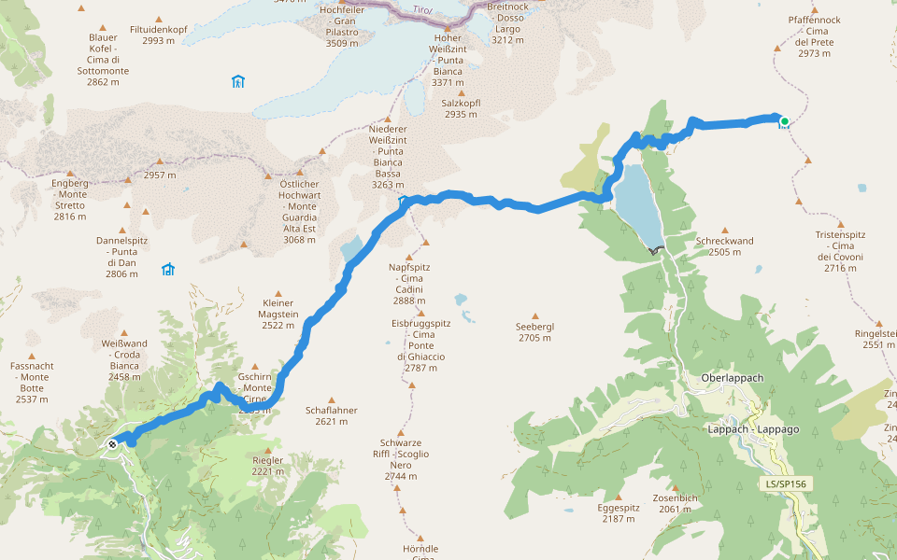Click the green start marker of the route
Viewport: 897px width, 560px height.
click(785, 121)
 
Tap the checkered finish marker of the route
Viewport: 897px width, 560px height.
click(112, 444)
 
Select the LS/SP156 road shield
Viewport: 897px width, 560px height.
click(786, 484)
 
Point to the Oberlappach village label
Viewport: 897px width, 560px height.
click(732, 378)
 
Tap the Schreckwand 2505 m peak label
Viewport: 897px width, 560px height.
click(724, 246)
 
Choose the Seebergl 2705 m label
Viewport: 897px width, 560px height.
click(535, 332)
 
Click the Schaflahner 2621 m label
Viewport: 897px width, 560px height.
click(332, 415)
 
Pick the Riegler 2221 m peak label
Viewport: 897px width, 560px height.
click(267, 466)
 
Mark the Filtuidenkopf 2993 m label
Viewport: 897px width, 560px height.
click(159, 35)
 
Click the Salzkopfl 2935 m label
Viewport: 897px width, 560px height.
click(460, 108)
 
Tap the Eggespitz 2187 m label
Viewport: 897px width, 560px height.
click(619, 513)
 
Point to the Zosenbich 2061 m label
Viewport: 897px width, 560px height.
click(676, 503)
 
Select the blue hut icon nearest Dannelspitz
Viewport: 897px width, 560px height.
click(168, 270)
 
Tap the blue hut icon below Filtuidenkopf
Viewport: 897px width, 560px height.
click(237, 81)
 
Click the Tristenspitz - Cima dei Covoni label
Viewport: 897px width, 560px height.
click(839, 252)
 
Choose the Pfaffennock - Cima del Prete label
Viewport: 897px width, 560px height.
click(814, 36)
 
